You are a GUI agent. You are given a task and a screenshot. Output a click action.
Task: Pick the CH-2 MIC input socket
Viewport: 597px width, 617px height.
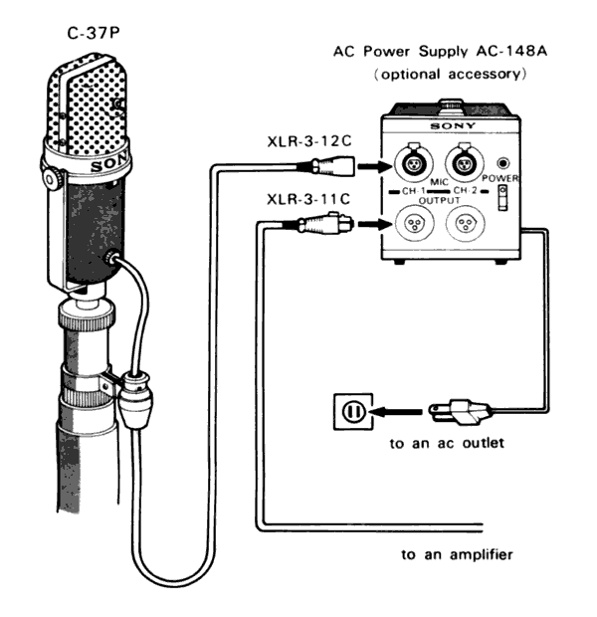pos(461,160)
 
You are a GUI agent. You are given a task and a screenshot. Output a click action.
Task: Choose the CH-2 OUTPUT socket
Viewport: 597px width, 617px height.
pos(461,226)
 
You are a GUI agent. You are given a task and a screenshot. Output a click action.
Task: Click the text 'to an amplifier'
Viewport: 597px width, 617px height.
pos(457,554)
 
